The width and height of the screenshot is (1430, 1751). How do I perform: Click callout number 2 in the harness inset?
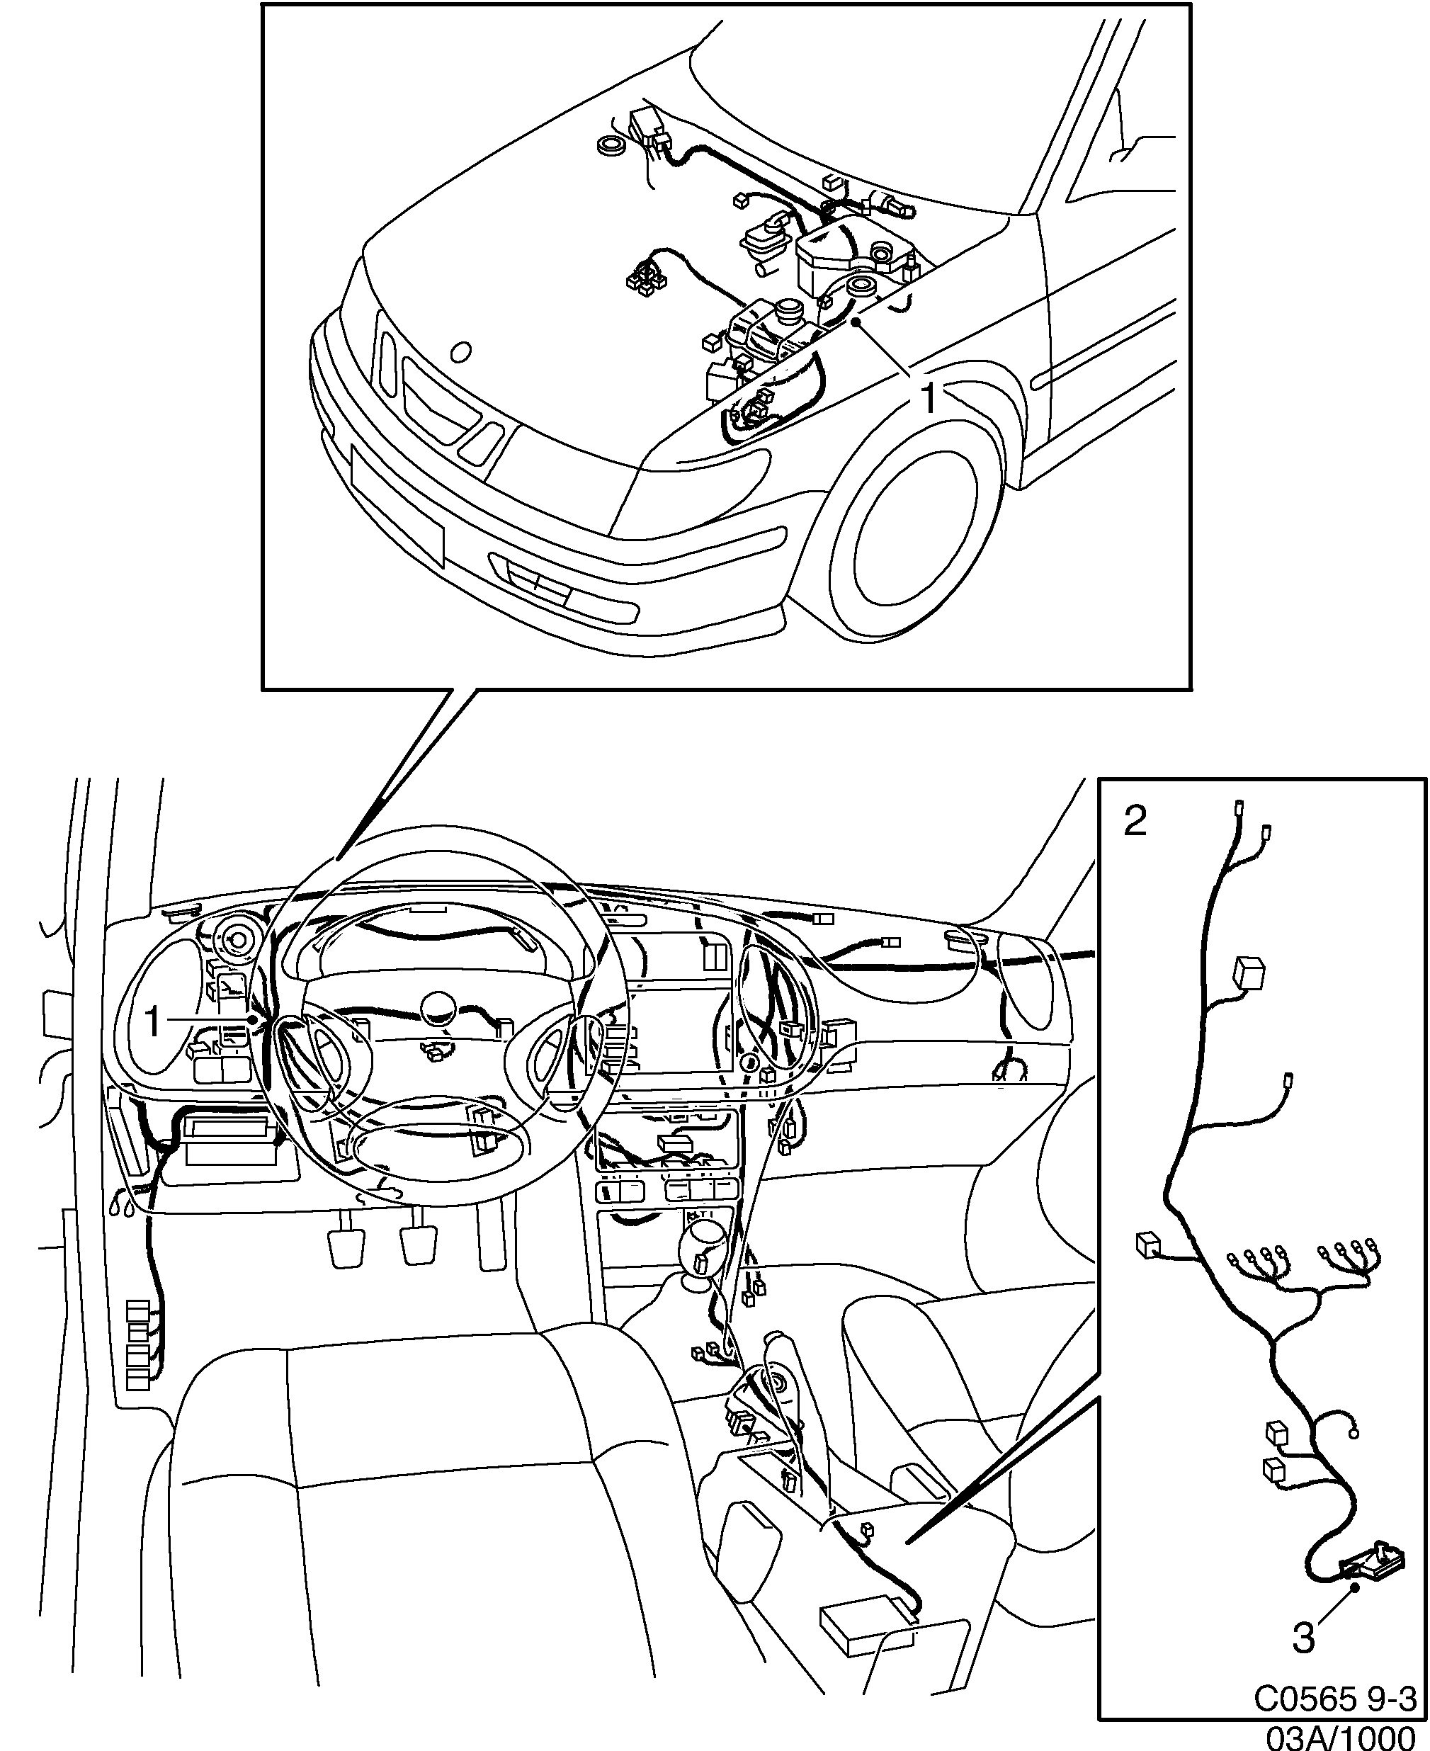click(x=1135, y=821)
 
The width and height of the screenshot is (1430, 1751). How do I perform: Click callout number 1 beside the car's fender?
click(x=929, y=399)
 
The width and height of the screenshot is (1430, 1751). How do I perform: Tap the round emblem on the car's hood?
click(x=461, y=353)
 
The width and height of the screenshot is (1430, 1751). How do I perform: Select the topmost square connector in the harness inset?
click(x=1248, y=973)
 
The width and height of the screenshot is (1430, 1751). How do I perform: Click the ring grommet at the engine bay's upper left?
click(x=611, y=147)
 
